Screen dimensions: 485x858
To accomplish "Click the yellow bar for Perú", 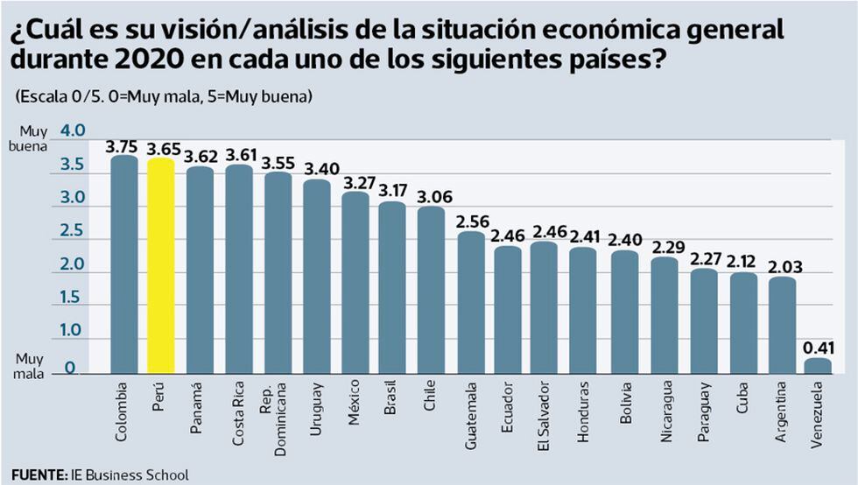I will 161,267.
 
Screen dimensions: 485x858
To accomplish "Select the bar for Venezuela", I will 818,366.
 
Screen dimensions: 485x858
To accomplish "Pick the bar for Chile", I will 431,290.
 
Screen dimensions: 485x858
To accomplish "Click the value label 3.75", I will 123,147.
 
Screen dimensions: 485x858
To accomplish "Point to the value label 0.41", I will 819,348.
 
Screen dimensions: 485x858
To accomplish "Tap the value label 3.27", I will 355,183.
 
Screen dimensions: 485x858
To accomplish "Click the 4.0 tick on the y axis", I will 73,131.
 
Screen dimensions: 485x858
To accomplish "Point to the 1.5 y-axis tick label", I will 73,298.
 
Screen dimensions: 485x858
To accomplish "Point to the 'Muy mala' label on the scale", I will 29,365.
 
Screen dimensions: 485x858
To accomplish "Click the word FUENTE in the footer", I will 38,475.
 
